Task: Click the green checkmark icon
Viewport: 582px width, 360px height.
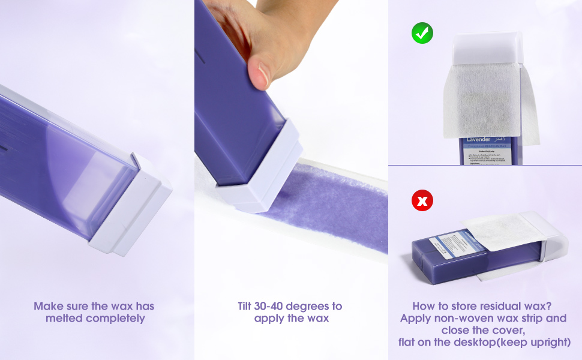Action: pos(422,33)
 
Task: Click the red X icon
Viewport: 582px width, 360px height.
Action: pos(422,201)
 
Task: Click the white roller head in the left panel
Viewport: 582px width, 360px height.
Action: pos(129,207)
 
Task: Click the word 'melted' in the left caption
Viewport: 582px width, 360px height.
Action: pos(64,319)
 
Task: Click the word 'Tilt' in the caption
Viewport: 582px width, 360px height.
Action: pos(249,306)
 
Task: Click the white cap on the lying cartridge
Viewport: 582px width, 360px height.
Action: pos(552,237)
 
